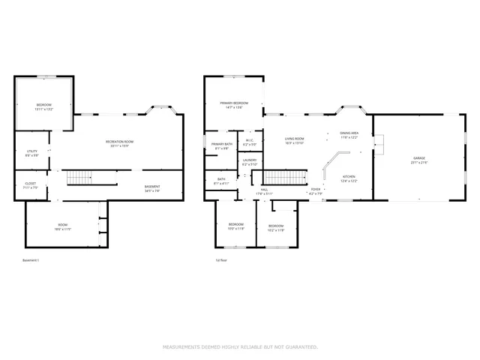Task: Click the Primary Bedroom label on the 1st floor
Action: coord(234,103)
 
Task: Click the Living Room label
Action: coord(293,139)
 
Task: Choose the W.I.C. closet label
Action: coord(249,141)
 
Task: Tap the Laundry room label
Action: coord(250,160)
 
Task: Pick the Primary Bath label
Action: coord(222,145)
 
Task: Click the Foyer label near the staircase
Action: coord(316,190)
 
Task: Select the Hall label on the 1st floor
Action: coord(264,190)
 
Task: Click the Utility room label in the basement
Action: coord(31,152)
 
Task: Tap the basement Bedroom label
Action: coord(44,106)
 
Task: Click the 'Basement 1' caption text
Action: coord(31,260)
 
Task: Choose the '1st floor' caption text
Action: coord(220,260)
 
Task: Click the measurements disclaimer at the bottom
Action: coord(240,346)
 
